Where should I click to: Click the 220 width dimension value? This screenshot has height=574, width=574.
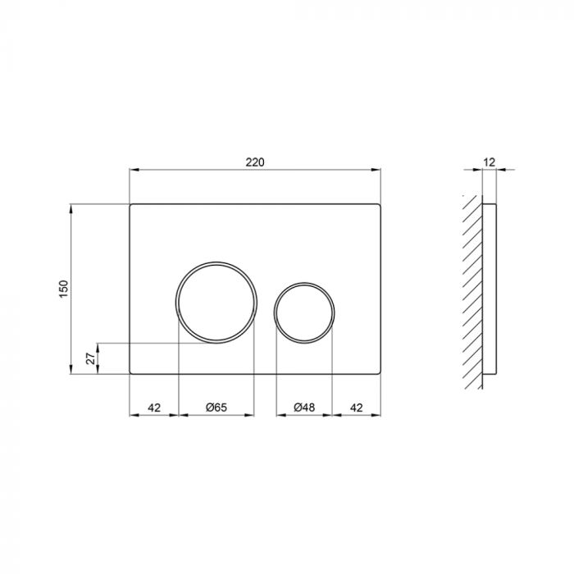point(255,162)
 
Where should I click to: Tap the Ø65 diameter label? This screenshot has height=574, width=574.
point(216,407)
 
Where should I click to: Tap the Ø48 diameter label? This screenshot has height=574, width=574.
point(304,407)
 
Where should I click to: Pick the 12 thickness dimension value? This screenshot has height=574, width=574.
point(490,162)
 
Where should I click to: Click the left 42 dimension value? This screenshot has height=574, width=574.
point(153,407)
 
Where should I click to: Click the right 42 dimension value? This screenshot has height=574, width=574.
point(357,407)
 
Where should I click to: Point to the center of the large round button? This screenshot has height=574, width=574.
point(217,301)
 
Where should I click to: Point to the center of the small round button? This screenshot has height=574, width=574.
point(304,312)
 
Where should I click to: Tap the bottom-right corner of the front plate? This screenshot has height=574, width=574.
point(381,374)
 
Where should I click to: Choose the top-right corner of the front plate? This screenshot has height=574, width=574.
point(381,202)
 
